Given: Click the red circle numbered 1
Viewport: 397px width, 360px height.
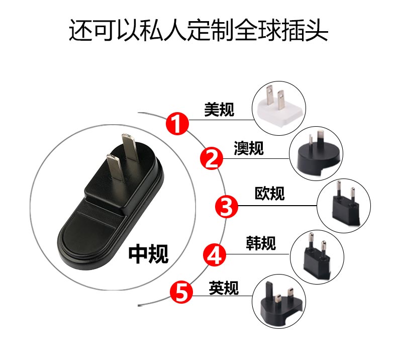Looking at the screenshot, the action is click(177, 124).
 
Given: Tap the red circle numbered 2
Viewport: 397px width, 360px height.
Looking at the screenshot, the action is click(212, 158).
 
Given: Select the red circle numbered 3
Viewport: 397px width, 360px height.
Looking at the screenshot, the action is click(227, 206).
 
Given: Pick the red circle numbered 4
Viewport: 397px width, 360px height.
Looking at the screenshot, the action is click(215, 254).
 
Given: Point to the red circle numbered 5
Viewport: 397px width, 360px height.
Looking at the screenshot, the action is click(181, 293).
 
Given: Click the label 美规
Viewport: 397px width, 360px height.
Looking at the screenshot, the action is click(219, 110).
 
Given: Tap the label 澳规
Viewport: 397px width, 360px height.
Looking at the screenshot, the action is click(249, 148).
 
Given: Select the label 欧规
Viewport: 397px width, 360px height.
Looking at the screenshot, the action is click(270, 193).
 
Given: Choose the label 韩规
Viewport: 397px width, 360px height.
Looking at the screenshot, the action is click(261, 243).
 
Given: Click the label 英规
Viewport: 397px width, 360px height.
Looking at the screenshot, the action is click(224, 288).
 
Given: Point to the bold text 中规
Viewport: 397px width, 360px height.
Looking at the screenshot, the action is click(148, 254).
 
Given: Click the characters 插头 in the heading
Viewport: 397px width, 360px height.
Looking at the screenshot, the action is click(305, 30).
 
